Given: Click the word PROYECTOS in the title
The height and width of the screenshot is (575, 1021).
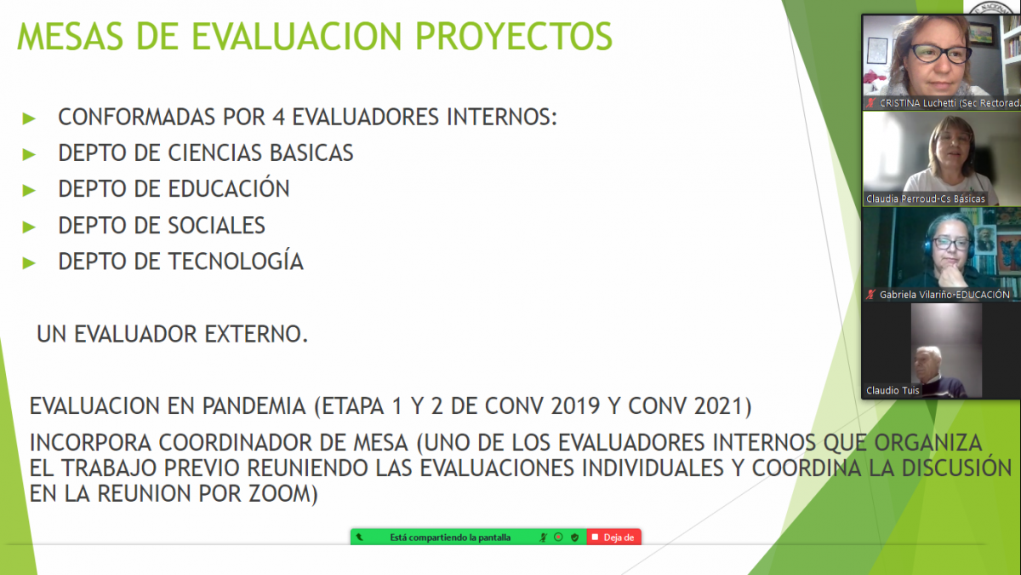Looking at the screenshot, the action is pyautogui.click(x=514, y=37).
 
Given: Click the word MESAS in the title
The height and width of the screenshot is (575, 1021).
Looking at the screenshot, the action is pyautogui.click(x=70, y=37).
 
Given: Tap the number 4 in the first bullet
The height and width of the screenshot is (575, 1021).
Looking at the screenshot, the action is pyautogui.click(x=278, y=117).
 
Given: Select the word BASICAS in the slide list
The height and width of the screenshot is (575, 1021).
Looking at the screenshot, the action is pyautogui.click(x=311, y=152).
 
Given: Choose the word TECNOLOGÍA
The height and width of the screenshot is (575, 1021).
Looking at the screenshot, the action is pyautogui.click(x=237, y=261).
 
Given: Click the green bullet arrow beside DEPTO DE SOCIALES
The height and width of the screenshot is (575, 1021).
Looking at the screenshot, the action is pyautogui.click(x=29, y=227).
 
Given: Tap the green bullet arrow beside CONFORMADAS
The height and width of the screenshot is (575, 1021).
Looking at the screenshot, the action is pyautogui.click(x=29, y=118).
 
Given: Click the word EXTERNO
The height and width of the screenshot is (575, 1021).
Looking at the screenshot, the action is pyautogui.click(x=256, y=334).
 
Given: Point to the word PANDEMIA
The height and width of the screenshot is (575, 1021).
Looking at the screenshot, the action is pyautogui.click(x=254, y=406).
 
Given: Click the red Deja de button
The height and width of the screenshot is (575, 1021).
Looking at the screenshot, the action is pyautogui.click(x=614, y=538).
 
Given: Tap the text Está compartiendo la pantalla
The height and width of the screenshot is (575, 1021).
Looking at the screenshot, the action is pyautogui.click(x=450, y=538).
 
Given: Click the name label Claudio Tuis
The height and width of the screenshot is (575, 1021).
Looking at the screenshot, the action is pyautogui.click(x=893, y=391).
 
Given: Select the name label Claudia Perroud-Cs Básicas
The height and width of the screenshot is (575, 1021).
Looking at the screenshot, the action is pyautogui.click(x=926, y=199).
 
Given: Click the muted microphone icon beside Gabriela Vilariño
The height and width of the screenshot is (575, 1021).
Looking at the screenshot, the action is pyautogui.click(x=871, y=295).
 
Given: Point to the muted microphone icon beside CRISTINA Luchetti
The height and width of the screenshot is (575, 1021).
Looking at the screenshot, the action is pyautogui.click(x=871, y=103).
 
